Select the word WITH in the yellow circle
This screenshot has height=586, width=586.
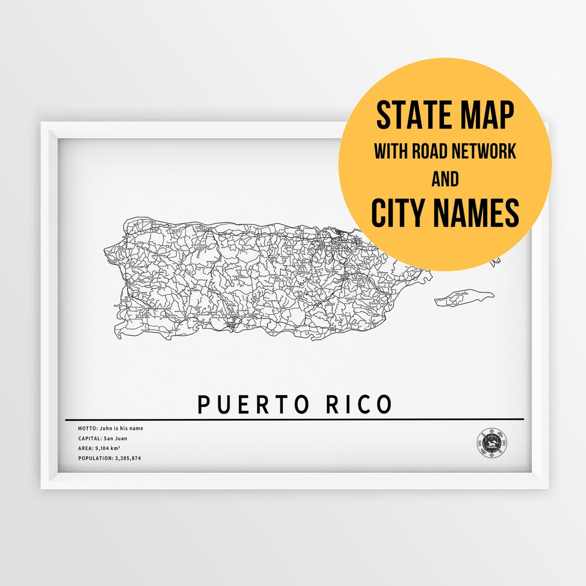[x=391, y=151]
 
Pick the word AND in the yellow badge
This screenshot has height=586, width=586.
[x=445, y=179]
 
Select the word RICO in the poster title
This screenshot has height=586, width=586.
[x=359, y=405]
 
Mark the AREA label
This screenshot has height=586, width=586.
[x=85, y=449]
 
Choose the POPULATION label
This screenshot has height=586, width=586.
[x=95, y=458]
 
